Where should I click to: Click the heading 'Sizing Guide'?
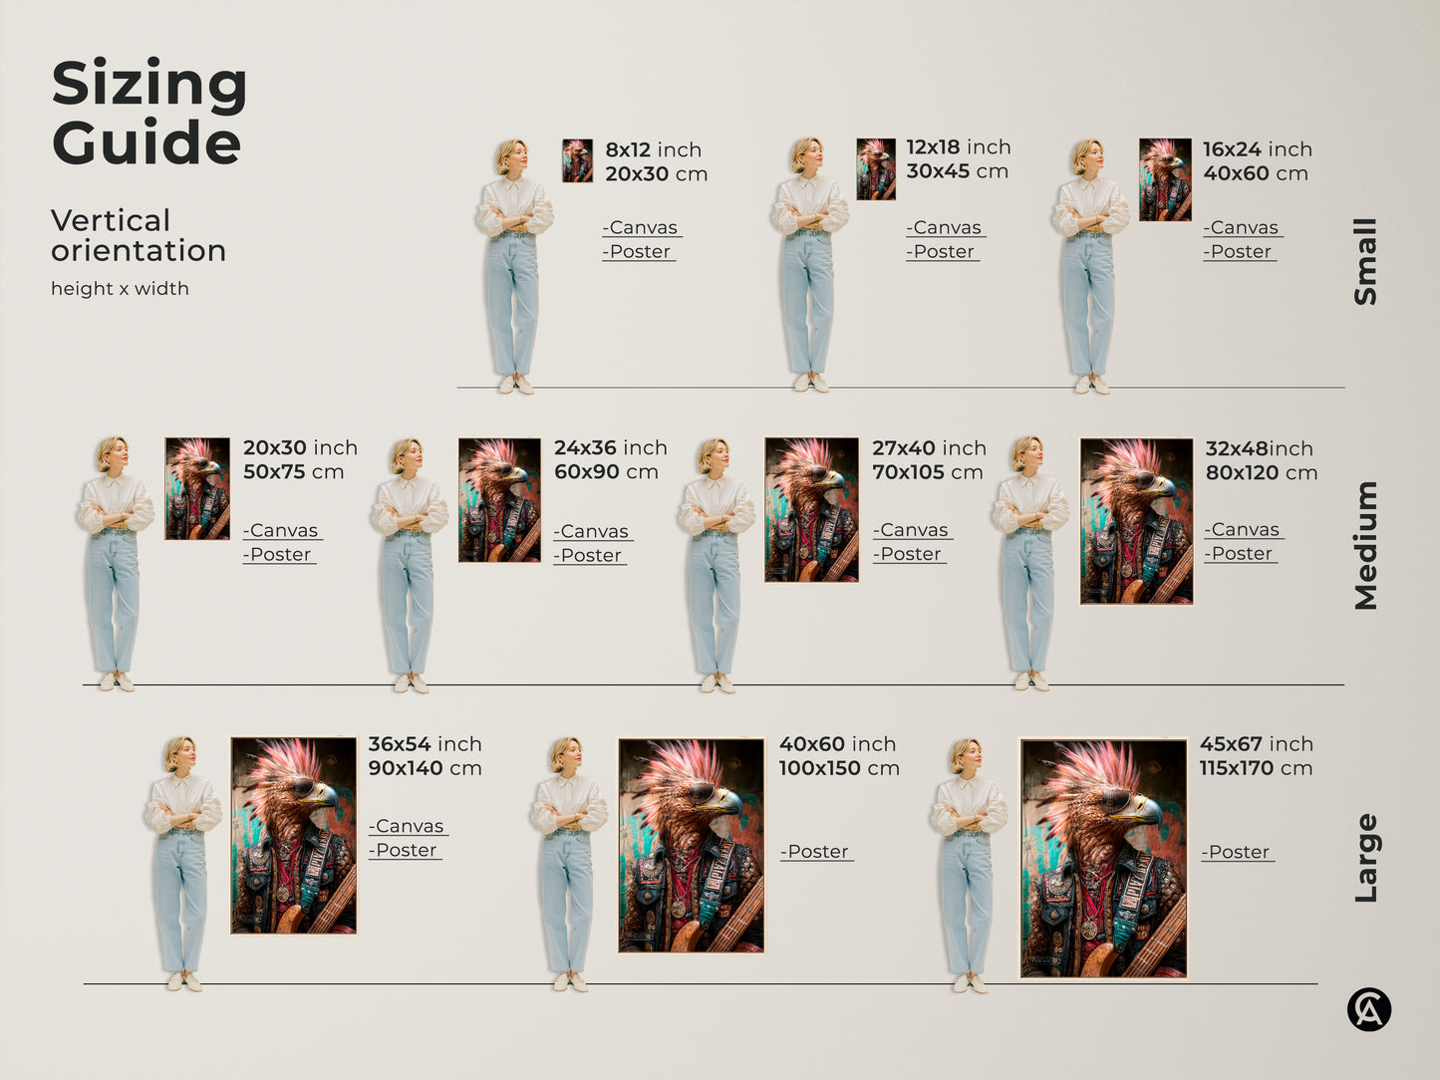click(148, 113)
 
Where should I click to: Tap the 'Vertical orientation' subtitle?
click(138, 235)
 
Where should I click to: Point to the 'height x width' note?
click(120, 289)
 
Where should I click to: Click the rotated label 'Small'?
click(1365, 261)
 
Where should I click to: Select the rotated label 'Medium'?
click(1365, 545)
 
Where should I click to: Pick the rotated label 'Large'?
click(1365, 858)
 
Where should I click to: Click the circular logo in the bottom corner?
click(1368, 1009)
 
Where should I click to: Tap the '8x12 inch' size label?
click(653, 150)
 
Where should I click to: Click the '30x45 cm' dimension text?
click(957, 171)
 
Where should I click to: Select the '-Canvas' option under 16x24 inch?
click(1242, 228)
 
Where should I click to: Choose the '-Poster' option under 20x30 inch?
click(279, 555)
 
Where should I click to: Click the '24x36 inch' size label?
click(610, 448)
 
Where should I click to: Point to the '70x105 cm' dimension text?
click(927, 472)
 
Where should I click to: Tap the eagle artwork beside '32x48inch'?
click(1136, 521)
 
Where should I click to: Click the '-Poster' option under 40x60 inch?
click(816, 852)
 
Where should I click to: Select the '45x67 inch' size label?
click(1256, 744)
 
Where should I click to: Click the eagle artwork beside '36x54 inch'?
click(293, 835)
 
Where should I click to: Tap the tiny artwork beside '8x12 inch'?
click(577, 160)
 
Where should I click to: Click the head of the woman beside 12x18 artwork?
click(806, 154)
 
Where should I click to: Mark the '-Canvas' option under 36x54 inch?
click(408, 827)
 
